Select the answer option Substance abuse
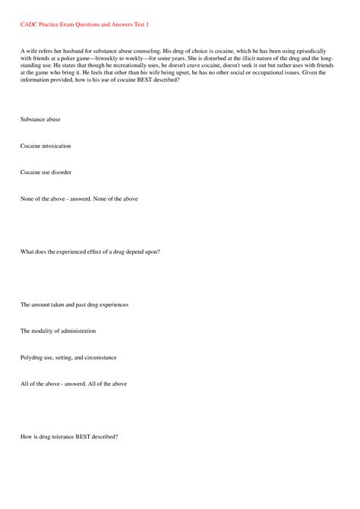[x=41, y=119]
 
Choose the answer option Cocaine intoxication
[x=46, y=146]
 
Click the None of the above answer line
[x=79, y=199]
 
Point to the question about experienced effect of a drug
[x=90, y=251]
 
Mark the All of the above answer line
[x=74, y=384]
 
